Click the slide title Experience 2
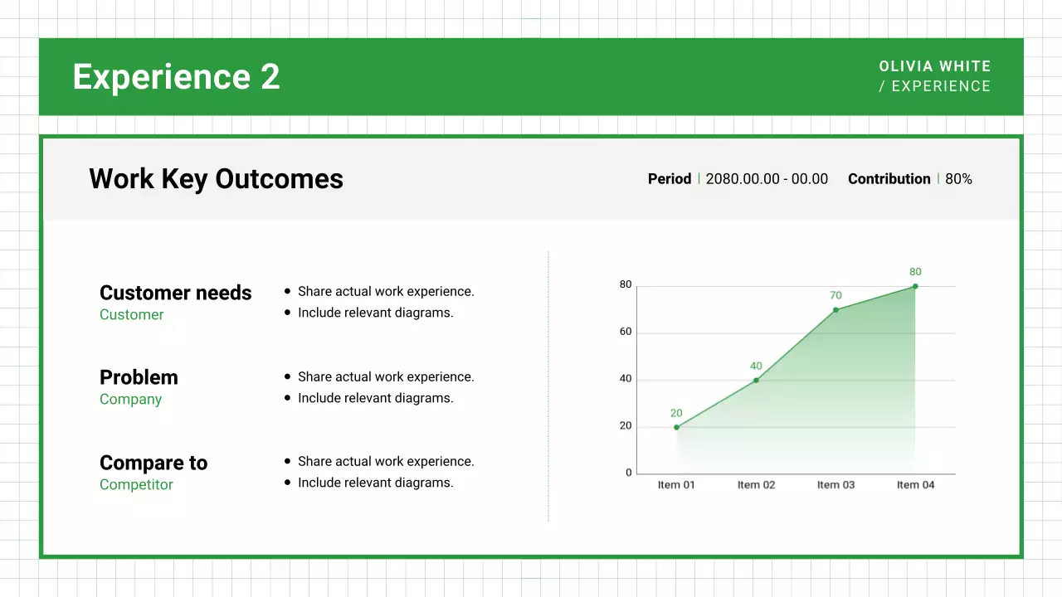click(x=176, y=77)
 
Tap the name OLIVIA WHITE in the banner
click(x=935, y=66)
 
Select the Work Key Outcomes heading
click(x=216, y=179)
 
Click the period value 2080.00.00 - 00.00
click(x=767, y=179)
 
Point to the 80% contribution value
click(x=958, y=179)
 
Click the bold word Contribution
click(x=889, y=179)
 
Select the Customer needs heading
click(x=175, y=293)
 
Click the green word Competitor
click(x=136, y=484)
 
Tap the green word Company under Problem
click(x=130, y=399)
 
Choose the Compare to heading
click(x=153, y=463)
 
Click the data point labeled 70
click(x=835, y=310)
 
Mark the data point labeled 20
click(x=676, y=427)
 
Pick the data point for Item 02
click(x=756, y=381)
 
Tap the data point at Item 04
click(x=915, y=286)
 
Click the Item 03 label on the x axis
click(x=835, y=485)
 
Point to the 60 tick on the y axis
click(x=626, y=332)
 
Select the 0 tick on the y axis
click(x=629, y=473)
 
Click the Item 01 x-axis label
click(x=676, y=485)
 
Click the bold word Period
click(x=669, y=179)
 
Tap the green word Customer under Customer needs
click(x=131, y=314)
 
